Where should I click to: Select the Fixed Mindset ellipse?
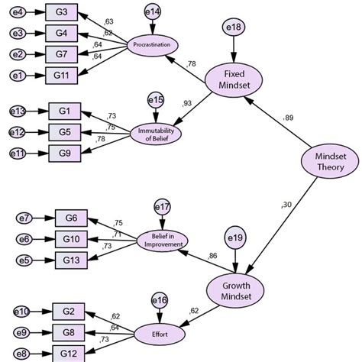click(234, 77)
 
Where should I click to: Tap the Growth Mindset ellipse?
click(235, 290)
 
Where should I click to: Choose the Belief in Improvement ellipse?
click(162, 241)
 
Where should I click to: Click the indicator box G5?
click(64, 132)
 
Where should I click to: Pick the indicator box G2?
click(69, 311)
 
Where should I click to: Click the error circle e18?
click(232, 27)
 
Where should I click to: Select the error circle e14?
click(152, 11)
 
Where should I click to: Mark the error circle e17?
click(161, 206)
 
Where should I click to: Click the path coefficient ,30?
click(286, 205)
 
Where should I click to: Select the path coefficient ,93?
click(186, 103)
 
